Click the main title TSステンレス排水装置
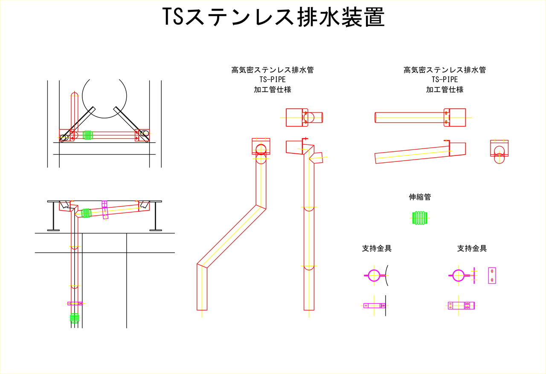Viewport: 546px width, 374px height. point(273,18)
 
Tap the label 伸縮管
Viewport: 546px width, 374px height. point(420,197)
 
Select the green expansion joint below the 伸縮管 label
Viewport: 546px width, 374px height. point(421,218)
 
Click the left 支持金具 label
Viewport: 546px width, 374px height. point(377,248)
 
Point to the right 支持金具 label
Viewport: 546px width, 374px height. point(472,248)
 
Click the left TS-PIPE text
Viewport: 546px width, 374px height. point(273,80)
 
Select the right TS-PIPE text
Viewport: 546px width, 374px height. point(444,80)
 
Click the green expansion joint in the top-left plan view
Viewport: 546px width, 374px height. point(88,135)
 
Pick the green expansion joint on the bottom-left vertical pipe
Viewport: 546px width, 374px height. point(75,318)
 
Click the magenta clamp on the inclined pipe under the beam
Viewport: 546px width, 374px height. point(105,210)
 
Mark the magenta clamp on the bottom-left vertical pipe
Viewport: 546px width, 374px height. point(75,303)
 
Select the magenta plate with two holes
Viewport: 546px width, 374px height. point(491,276)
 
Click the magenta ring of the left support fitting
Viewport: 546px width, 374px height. point(374,276)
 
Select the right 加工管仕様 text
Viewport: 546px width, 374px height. point(444,89)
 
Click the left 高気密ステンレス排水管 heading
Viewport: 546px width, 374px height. point(273,70)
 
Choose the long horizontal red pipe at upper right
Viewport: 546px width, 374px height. point(409,117)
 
